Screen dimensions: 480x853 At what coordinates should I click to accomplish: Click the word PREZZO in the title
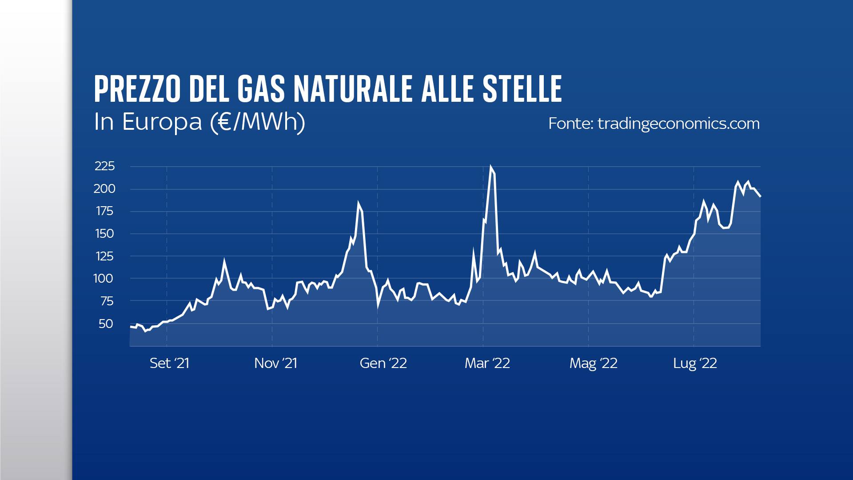click(x=137, y=89)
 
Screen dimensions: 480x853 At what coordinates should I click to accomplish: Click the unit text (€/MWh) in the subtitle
click(x=257, y=122)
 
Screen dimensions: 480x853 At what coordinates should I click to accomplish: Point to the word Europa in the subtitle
click(x=162, y=122)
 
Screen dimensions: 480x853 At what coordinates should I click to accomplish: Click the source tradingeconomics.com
click(x=678, y=124)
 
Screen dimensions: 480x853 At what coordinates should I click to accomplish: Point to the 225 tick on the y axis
click(x=105, y=166)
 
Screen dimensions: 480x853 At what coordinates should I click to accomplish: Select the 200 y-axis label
click(x=104, y=189)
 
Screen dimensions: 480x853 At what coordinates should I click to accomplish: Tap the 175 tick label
click(x=105, y=211)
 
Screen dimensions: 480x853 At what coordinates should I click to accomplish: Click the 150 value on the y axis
click(x=104, y=234)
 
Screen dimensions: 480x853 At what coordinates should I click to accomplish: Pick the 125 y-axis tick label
click(x=104, y=256)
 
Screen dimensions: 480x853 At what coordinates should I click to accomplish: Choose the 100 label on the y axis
click(x=104, y=279)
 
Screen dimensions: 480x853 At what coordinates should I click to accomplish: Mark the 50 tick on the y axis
click(x=106, y=324)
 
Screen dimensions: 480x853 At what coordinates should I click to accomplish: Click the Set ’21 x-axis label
click(x=169, y=364)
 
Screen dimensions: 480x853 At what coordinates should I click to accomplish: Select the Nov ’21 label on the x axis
click(x=275, y=364)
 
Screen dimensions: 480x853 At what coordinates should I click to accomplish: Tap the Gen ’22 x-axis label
click(x=383, y=364)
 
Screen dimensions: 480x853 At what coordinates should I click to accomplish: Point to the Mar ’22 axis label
click(x=487, y=364)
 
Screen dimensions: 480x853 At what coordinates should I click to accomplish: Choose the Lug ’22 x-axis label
click(x=695, y=364)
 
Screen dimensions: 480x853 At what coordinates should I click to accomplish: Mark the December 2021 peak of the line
click(x=358, y=204)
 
